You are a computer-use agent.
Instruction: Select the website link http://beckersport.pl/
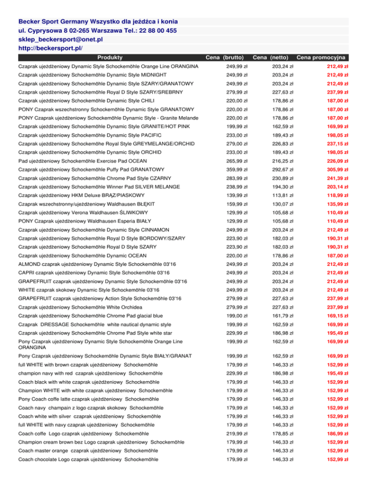click(x=50, y=48)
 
